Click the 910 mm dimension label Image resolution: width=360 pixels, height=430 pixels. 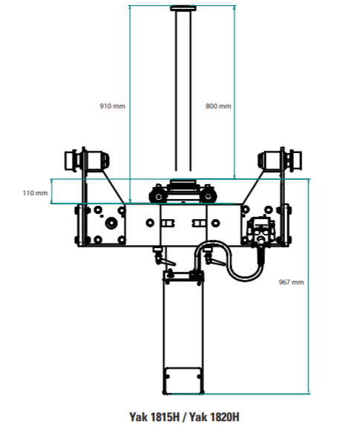pyautogui.click(x=112, y=106)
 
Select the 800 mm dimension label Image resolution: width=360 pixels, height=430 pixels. pyautogui.click(x=218, y=106)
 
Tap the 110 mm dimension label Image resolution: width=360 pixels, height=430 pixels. pyautogui.click(x=35, y=193)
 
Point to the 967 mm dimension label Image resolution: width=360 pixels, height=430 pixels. pyautogui.click(x=292, y=282)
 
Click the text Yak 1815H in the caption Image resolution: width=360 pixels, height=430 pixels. pyautogui.click(x=154, y=417)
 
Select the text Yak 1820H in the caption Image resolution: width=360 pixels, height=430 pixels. pyautogui.click(x=215, y=417)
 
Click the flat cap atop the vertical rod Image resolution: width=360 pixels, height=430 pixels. pyautogui.click(x=183, y=8)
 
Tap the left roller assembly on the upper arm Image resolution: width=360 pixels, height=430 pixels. pyautogui.click(x=87, y=160)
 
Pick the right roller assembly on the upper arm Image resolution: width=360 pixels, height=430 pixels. pyautogui.click(x=280, y=160)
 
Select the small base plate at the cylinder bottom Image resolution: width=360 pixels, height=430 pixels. pyautogui.click(x=183, y=380)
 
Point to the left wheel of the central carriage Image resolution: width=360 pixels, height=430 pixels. pyautogui.click(x=159, y=196)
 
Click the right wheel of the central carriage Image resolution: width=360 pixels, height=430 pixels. pyautogui.click(x=209, y=196)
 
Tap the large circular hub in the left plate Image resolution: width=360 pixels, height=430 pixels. pyautogui.click(x=111, y=224)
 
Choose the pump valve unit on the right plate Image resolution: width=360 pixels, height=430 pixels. pyautogui.click(x=261, y=229)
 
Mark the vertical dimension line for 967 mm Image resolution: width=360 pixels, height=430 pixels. pyautogui.click(x=309, y=287)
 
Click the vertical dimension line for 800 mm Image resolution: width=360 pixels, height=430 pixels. pyautogui.click(x=235, y=92)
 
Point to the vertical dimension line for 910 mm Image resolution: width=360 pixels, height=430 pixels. pyautogui.click(x=130, y=104)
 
